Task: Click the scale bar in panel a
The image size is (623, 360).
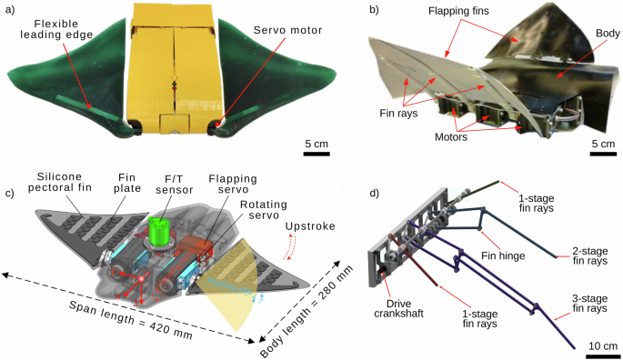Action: [316, 154]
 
